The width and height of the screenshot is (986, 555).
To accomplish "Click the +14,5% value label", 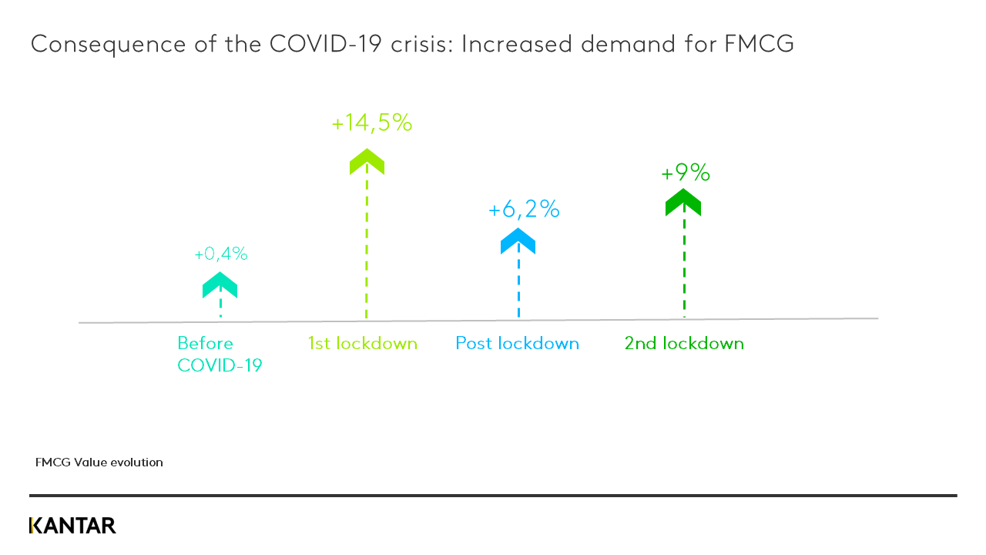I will pos(372,123).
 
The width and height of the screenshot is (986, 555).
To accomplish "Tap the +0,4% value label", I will pos(220,254).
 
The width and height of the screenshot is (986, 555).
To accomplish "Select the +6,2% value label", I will pos(523,209).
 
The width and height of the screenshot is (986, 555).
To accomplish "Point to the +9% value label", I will pos(685,173).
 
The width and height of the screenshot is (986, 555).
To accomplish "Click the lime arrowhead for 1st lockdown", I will pos(367,162).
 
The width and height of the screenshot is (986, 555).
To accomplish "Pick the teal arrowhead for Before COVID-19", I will pos(220,284).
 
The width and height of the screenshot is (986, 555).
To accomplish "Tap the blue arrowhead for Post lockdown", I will pos(518,241).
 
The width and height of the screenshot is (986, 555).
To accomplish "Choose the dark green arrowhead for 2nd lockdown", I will pos(683,203).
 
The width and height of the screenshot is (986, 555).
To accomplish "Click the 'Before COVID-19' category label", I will pos(220,354).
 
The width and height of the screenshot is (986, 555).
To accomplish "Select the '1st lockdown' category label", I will pos(362,343).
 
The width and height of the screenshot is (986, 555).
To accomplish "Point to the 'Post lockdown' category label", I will pos(517,343).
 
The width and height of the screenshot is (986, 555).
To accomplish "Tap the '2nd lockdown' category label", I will pos(684,343).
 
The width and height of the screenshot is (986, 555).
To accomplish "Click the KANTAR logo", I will pos(72,526).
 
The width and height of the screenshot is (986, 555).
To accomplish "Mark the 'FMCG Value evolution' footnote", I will pos(99,462).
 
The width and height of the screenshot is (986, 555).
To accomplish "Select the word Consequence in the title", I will pos(108,44).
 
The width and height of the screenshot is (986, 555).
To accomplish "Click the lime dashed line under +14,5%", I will pos(367,247).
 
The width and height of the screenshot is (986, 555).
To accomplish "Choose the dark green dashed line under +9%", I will pos(684,266).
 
